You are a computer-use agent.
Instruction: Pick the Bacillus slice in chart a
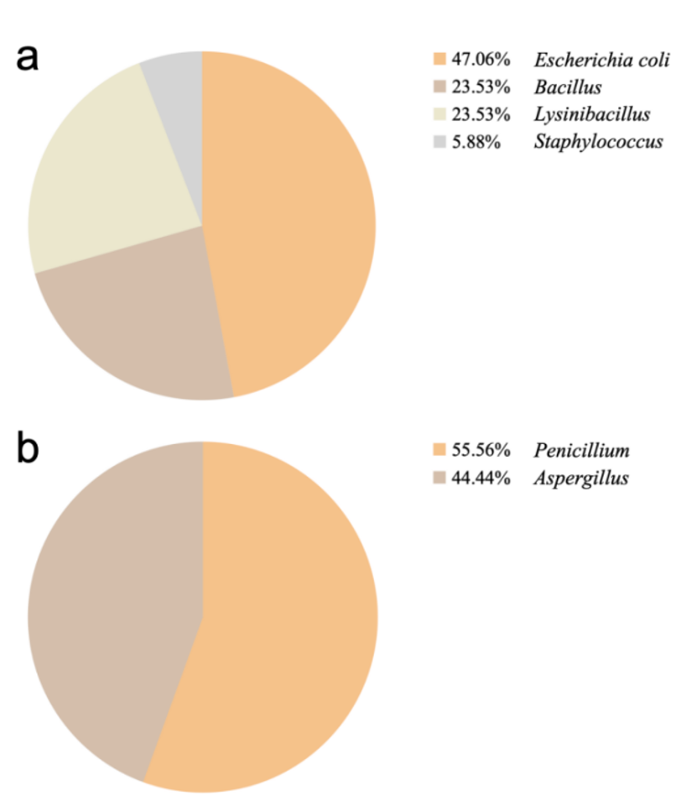[143, 327]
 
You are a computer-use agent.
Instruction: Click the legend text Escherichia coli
[598, 60]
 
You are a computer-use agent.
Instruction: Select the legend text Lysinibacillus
[591, 114]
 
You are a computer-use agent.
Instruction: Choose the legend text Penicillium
[581, 452]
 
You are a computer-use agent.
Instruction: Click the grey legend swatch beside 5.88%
[438, 142]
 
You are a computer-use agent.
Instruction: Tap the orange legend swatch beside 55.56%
[438, 452]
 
